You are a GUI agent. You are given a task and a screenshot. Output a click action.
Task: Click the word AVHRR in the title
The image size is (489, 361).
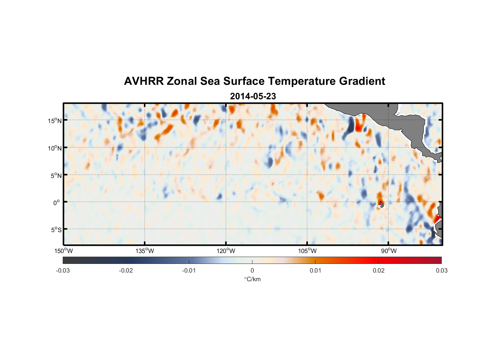click(x=144, y=81)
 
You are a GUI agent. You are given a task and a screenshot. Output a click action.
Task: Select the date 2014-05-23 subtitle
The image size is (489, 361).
click(x=253, y=96)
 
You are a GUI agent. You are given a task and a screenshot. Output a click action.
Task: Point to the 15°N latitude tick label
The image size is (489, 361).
click(x=54, y=121)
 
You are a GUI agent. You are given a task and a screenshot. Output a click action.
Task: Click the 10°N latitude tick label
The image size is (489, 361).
click(x=54, y=148)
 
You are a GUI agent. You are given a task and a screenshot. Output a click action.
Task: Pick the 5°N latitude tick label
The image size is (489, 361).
click(x=56, y=175)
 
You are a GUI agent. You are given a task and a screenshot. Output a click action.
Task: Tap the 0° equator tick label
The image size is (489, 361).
click(x=57, y=203)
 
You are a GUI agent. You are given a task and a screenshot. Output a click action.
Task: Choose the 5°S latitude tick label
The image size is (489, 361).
click(x=56, y=230)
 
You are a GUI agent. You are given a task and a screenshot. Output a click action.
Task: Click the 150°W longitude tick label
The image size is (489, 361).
click(x=64, y=251)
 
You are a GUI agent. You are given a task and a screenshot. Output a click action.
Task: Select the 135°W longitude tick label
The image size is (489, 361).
click(x=145, y=251)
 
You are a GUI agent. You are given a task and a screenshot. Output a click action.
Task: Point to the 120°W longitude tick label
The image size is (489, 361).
click(x=226, y=251)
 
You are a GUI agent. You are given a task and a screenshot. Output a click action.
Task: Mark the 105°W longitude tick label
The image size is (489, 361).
click(x=307, y=251)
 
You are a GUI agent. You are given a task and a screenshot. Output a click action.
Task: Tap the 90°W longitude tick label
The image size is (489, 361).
click(x=388, y=251)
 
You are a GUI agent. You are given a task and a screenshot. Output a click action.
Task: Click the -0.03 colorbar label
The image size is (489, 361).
click(x=63, y=271)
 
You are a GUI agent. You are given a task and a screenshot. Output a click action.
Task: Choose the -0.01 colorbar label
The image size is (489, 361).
click(x=189, y=271)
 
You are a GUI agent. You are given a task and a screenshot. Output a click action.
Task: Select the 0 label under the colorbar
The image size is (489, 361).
click(x=252, y=271)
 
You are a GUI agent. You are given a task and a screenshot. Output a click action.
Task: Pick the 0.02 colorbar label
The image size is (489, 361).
click(x=379, y=271)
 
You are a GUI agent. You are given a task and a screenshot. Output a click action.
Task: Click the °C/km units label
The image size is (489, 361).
click(x=252, y=279)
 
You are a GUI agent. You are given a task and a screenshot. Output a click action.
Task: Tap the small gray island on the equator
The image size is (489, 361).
click(x=382, y=205)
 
